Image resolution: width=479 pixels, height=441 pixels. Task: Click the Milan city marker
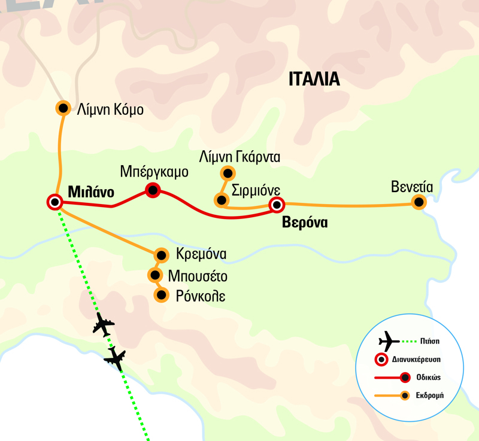click(55, 202)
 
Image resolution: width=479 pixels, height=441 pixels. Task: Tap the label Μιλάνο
click(92, 192)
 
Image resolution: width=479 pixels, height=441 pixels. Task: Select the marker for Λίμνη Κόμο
click(63, 108)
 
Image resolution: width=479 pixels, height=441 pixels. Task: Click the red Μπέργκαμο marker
click(153, 191)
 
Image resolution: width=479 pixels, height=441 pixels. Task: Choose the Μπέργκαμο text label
click(154, 172)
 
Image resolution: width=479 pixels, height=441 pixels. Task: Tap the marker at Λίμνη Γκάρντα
click(228, 174)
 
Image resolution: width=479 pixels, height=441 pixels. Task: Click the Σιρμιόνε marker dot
click(222, 200)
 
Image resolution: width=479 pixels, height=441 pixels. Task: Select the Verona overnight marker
click(276, 205)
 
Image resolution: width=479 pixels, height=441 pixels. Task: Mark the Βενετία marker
click(419, 202)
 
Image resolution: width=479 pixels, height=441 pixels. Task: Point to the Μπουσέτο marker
click(156, 275)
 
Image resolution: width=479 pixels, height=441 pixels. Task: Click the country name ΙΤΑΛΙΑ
click(314, 80)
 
